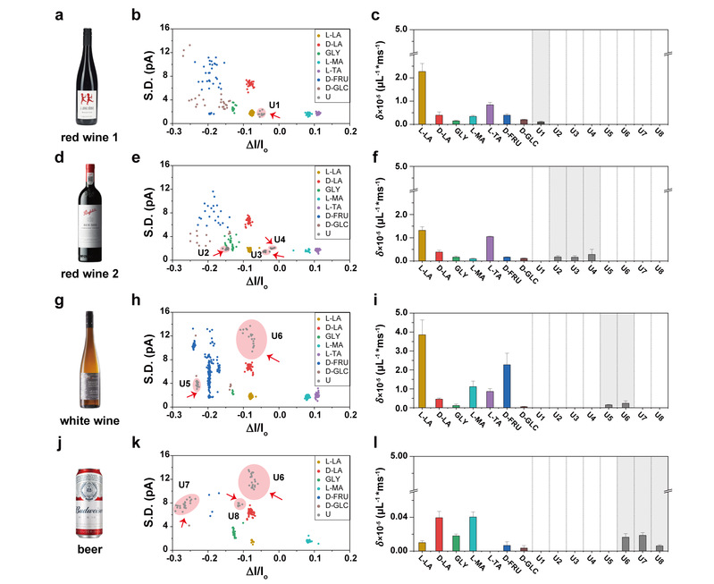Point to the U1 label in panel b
point(274,104)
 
